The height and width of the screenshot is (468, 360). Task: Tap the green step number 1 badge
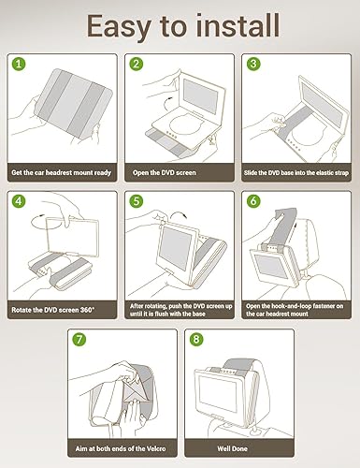18,65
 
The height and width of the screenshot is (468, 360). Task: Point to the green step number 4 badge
18,200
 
